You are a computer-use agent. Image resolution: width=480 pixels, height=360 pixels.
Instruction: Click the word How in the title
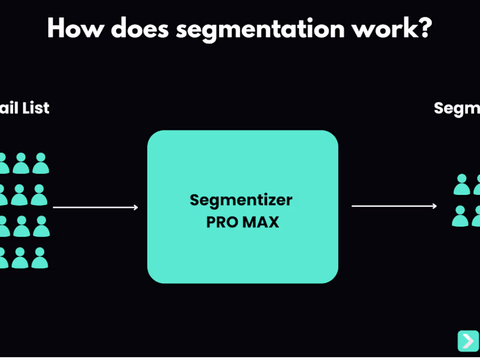(x=75, y=28)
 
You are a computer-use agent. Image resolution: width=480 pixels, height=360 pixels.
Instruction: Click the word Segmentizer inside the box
(x=242, y=200)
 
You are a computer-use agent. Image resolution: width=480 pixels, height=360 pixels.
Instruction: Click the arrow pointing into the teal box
(x=95, y=208)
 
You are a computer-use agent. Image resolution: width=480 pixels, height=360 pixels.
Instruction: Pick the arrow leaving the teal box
(x=394, y=206)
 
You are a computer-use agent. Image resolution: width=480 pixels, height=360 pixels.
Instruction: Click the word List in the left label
(x=35, y=108)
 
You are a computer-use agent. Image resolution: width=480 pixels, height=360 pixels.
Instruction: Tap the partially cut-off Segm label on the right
(x=457, y=108)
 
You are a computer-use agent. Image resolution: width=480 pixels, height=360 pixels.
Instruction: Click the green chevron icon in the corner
(x=467, y=340)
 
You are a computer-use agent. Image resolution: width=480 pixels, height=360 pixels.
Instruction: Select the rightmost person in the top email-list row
(x=40, y=163)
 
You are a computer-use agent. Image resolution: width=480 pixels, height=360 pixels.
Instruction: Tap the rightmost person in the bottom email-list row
(x=40, y=257)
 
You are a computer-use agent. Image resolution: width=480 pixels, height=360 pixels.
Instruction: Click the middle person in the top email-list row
(x=21, y=163)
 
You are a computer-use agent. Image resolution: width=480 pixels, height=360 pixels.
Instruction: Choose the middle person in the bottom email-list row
(x=20, y=257)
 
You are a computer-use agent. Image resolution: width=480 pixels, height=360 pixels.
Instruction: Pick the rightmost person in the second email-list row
(x=39, y=195)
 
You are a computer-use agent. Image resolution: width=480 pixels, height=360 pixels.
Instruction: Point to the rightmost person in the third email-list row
(x=41, y=226)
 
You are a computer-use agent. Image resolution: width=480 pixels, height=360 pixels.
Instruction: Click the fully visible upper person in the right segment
(x=461, y=184)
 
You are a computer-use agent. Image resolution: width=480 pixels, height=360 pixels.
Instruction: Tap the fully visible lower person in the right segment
(x=460, y=216)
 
